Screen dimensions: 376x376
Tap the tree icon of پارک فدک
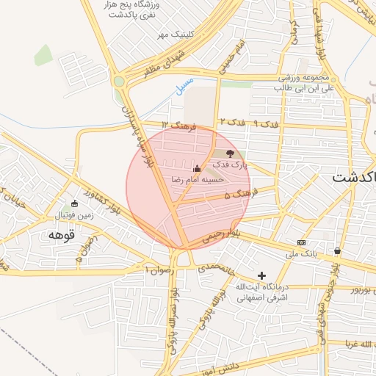(231, 154)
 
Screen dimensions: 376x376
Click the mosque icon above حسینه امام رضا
(196, 168)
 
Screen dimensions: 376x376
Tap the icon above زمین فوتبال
(73, 203)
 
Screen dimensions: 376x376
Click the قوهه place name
(62, 236)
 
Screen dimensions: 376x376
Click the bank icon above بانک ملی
(301, 242)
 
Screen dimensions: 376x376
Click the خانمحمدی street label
(215, 269)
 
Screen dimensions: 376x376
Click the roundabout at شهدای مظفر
(119, 82)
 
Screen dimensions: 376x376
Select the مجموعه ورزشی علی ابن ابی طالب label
(305, 82)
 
